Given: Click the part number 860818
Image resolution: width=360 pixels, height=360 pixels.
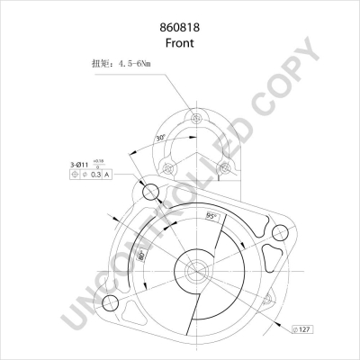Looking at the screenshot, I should [180, 28].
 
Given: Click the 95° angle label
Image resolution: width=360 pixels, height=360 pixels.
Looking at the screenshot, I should [211, 217].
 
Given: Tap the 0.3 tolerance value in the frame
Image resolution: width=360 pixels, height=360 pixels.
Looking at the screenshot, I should [103, 175].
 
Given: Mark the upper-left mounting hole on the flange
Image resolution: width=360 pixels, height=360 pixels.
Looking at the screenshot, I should [150, 192].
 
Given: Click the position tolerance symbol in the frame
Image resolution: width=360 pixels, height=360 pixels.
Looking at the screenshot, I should [86, 175].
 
